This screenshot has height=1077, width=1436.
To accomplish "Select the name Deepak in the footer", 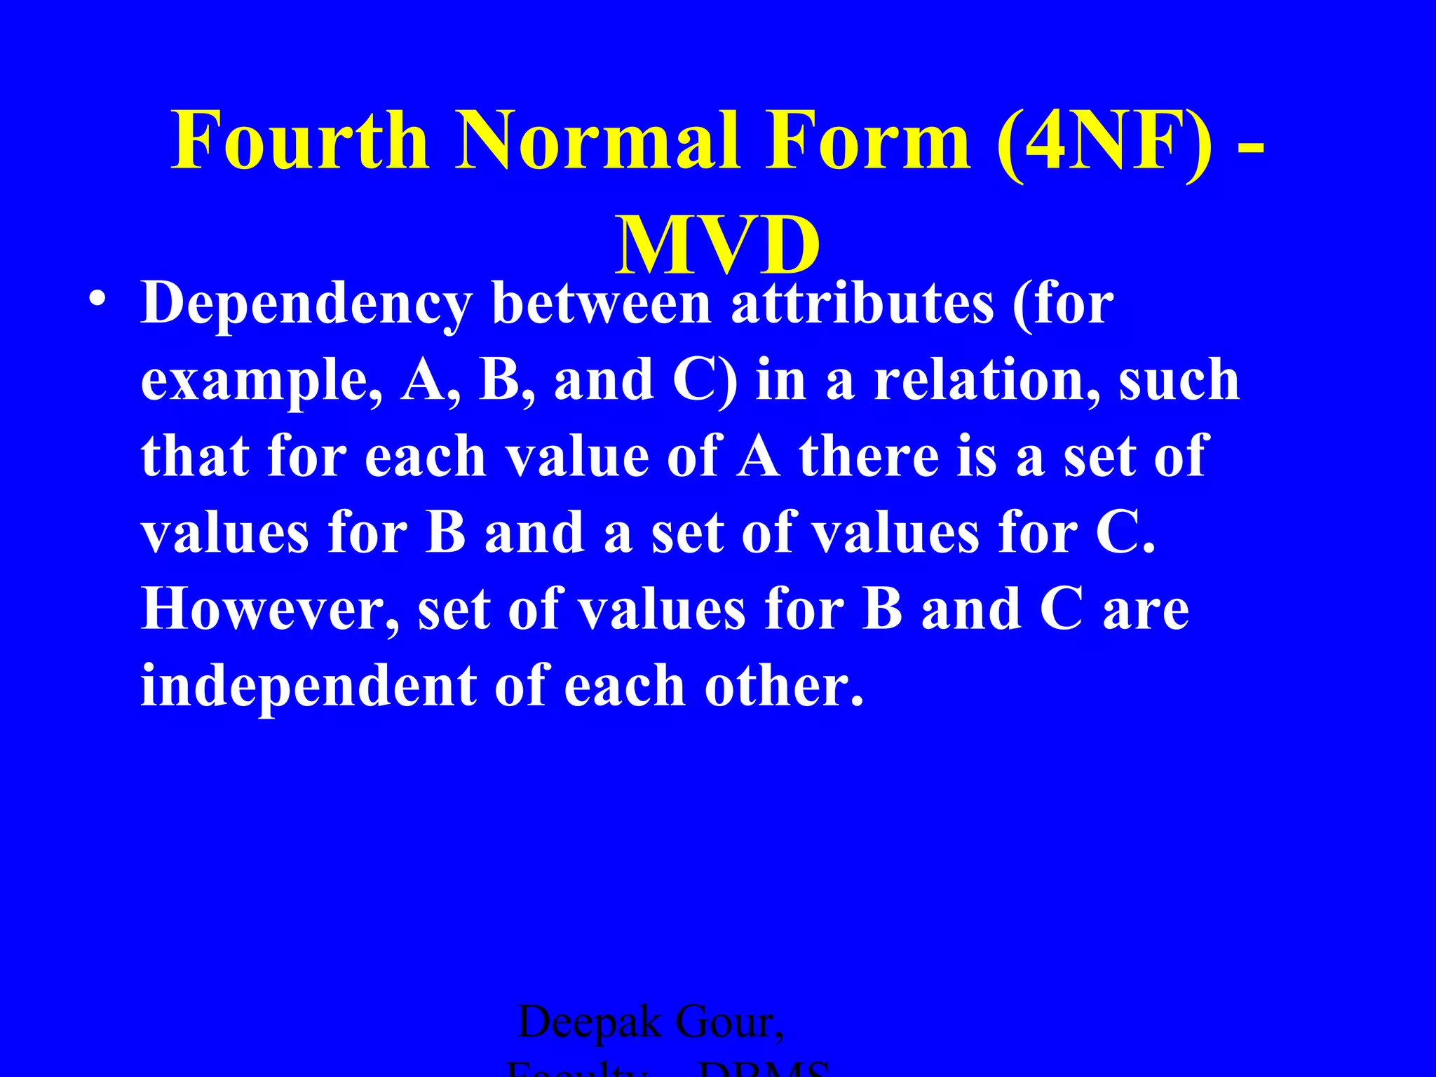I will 589,1022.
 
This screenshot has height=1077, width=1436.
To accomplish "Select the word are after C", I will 1146,609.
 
